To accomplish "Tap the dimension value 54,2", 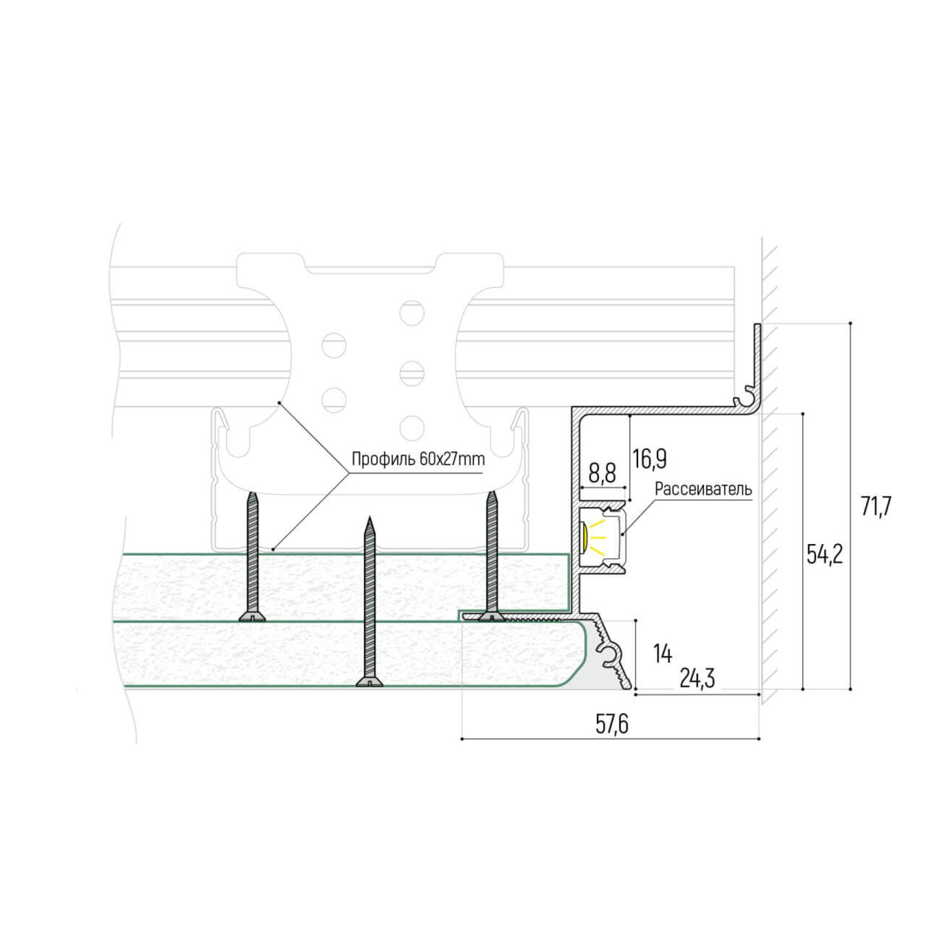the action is pos(825,555).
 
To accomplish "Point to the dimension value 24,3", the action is pos(698,679).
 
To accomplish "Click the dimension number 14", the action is pos(663,654).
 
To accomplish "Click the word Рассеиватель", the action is pos(703,489).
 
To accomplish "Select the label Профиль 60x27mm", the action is pos(418,459).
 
